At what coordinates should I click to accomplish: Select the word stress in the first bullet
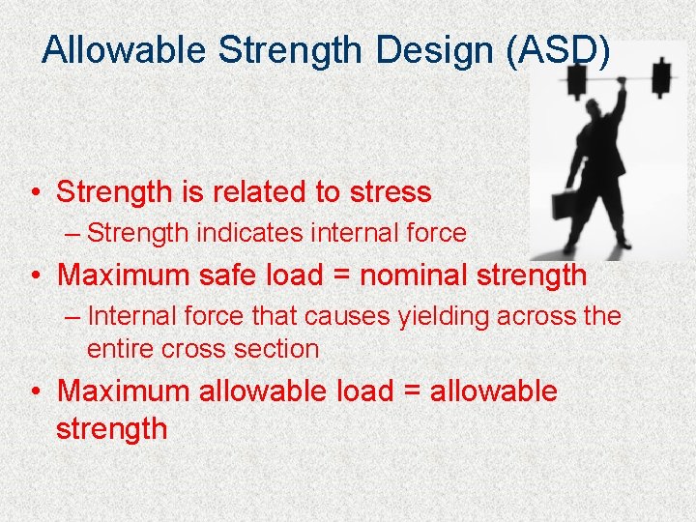click(386, 191)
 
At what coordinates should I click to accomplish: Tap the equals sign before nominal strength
click(339, 275)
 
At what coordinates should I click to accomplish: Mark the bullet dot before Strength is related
click(34, 192)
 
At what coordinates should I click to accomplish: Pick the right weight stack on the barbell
click(663, 77)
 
